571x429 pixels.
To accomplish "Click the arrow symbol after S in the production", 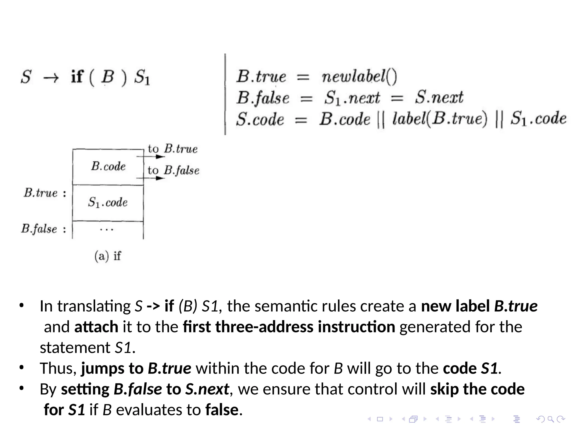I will [x=51, y=78].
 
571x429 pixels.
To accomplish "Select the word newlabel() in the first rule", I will [x=359, y=76].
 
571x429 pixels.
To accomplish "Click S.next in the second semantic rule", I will [x=439, y=97].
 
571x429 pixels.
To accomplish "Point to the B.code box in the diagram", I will [x=108, y=167].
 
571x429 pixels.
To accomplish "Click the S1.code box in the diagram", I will [x=108, y=203].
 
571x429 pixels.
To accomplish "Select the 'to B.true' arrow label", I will [x=173, y=149].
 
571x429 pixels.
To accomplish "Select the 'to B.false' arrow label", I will [x=173, y=170].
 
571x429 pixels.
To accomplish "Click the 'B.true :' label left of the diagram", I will [x=45, y=193].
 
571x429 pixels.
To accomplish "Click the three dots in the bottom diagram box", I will [x=107, y=230].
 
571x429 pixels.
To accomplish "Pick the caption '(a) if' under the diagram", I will [x=108, y=256].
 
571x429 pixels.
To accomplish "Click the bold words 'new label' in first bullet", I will [x=455, y=306].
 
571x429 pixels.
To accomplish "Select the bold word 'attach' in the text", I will [x=96, y=327].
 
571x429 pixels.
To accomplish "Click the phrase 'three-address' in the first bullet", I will [x=264, y=327].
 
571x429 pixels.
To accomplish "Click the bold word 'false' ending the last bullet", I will [x=222, y=410].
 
